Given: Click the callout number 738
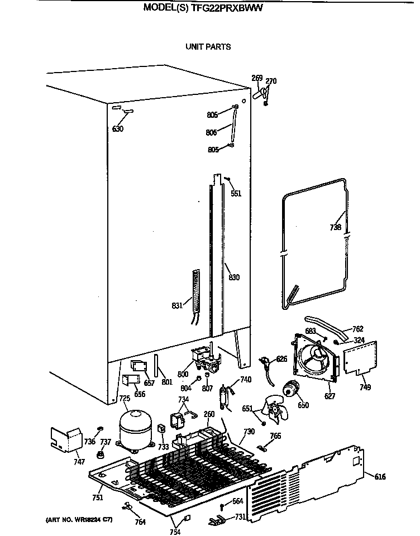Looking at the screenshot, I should pos(335,227).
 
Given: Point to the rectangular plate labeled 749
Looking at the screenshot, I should pos(358,357).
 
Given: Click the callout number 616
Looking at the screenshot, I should pos(380,476).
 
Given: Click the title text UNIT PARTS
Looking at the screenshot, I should pos(208,47).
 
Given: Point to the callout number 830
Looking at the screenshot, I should pos(233,277).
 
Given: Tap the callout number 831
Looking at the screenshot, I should pos(178,305).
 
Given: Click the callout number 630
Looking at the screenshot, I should pos(117,130).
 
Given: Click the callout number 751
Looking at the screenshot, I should pos(98,498).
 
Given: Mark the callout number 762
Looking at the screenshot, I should pos(358,329).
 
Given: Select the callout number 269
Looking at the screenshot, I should pos(257,78).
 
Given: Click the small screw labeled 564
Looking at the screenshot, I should pos(222,506).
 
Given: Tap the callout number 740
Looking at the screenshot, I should pos(246,380).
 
